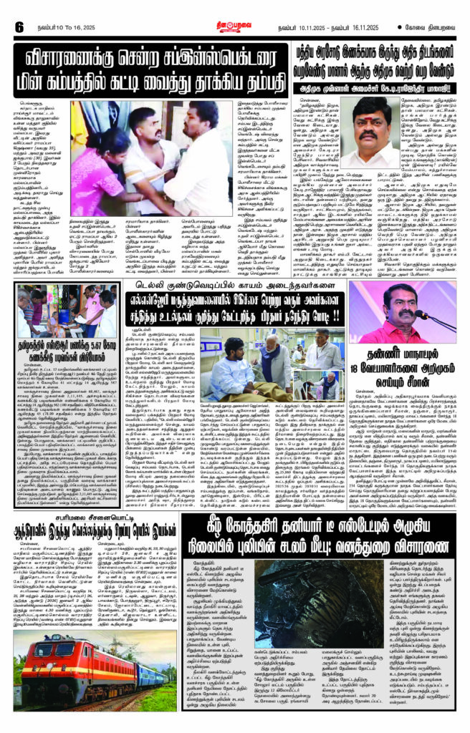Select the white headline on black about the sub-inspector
pyautogui.click(x=148, y=67)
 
